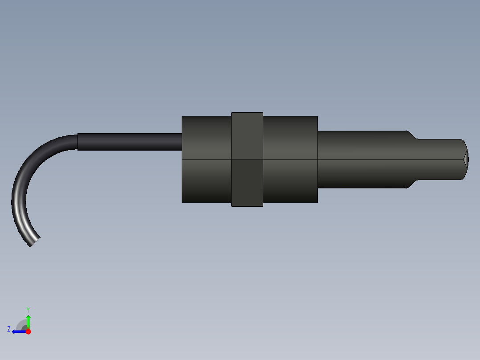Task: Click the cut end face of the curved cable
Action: coord(35,242)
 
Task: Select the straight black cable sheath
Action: coord(129,142)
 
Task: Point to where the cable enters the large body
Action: coord(182,142)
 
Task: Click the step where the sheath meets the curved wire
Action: coord(78,142)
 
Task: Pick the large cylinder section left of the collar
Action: coord(206,159)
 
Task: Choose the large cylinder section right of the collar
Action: coord(290,159)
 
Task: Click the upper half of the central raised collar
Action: coord(247,136)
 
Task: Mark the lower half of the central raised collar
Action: coord(247,183)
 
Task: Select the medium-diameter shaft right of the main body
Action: coord(361,159)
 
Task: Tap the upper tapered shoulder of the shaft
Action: coord(412,135)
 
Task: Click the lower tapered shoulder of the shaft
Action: coord(412,184)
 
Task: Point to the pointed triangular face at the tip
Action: coord(466,159)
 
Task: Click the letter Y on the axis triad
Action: coord(28,309)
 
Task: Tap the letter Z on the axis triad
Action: coord(9,329)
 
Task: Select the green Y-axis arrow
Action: coord(28,321)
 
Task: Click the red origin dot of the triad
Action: coord(28,331)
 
